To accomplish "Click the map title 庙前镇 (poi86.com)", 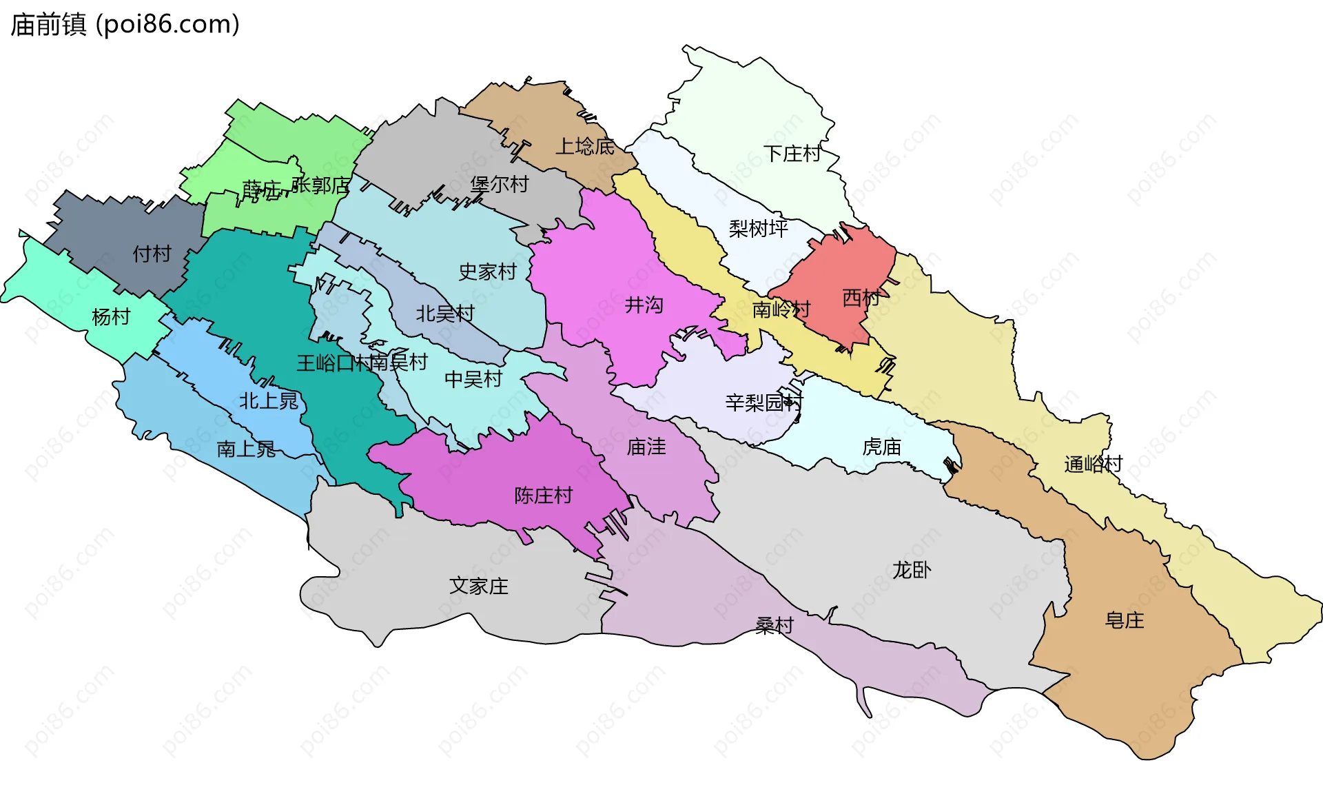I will coord(125,25).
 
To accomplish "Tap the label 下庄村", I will coord(792,153).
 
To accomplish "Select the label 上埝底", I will coord(585,146).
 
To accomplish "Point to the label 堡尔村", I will coord(499,184).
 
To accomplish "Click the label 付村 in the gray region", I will coord(152,254).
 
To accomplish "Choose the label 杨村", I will coord(111,316).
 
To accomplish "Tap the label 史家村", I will coord(487,272).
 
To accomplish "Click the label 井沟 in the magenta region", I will coord(644,305).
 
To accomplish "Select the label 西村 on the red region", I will coord(861,298).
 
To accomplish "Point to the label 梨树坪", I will coord(758,228).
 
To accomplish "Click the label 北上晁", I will coord(268,400).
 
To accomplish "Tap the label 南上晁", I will coord(246,449).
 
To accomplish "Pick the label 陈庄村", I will coord(543,495).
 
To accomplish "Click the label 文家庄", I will coord(478,586).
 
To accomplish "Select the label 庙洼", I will coord(646,447).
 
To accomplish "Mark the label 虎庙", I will coord(881,447).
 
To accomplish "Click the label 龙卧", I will coord(911,569).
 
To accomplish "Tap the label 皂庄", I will coord(1124,620).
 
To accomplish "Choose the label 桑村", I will coord(774,625).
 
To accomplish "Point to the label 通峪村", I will coord(1093,464).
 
